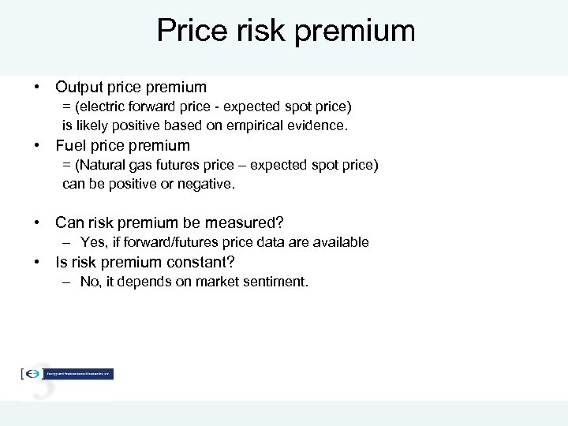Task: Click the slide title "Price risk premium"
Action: pos(286,31)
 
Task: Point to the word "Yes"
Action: pos(93,242)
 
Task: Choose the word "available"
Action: pos(341,242)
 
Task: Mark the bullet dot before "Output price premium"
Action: pos(37,88)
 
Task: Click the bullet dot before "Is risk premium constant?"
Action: pos(37,262)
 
